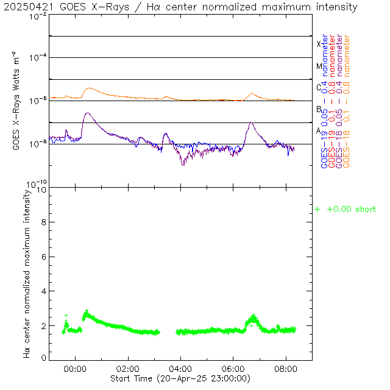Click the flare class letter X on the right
point(318,44)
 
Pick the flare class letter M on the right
point(319,66)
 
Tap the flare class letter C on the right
point(319,87)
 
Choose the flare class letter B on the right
point(319,109)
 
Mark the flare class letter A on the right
point(319,130)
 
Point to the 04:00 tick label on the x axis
point(180,369)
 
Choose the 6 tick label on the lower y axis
point(43,258)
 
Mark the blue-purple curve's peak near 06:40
point(250,122)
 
